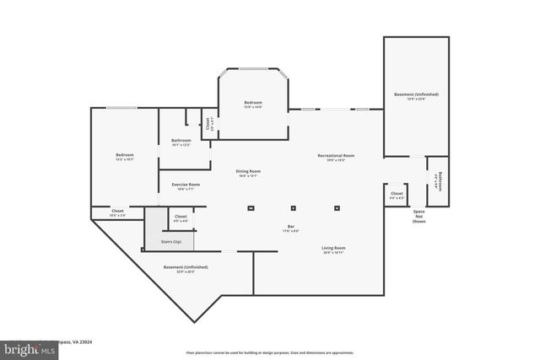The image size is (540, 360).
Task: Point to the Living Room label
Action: tap(334, 248)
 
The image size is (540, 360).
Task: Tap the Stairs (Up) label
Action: tap(171, 242)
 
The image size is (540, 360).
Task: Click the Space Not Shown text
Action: tap(418, 216)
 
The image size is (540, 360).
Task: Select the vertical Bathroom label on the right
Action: tap(440, 180)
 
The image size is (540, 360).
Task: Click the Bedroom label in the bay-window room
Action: tap(253, 102)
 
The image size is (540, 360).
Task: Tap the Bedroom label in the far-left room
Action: tap(125, 155)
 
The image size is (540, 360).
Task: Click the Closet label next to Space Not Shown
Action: tap(397, 194)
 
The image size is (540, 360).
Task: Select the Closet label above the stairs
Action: tap(181, 217)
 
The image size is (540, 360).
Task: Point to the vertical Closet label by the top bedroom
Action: tap(208, 124)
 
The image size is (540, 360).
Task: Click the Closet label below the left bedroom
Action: tap(117, 212)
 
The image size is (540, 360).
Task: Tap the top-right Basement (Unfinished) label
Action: tap(416, 94)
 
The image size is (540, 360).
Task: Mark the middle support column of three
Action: tap(293, 207)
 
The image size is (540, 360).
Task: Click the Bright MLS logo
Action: tap(24, 347)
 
